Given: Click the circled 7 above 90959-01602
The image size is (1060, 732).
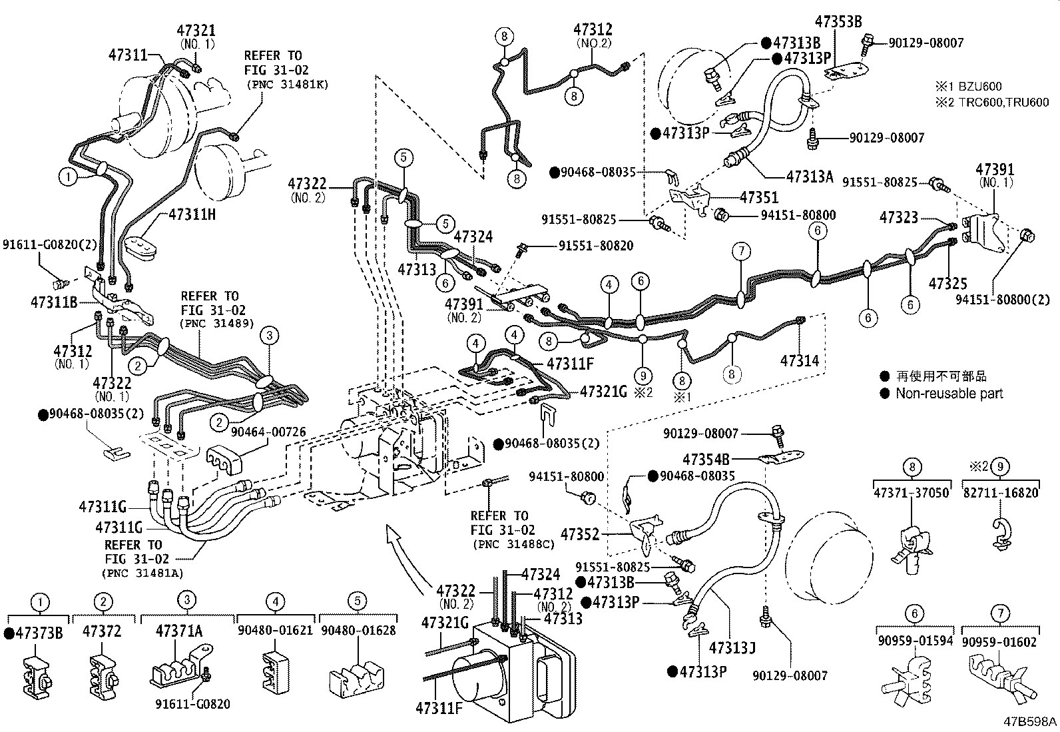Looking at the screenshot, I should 1000,613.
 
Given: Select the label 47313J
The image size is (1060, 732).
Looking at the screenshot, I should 732,647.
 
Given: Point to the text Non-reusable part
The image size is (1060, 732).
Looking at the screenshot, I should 949,394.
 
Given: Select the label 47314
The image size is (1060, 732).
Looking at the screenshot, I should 800,361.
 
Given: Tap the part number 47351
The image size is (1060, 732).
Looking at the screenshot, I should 759,198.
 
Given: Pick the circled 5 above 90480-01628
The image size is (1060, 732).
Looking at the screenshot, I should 357,601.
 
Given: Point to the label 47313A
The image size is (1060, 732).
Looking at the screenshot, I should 810,177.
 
